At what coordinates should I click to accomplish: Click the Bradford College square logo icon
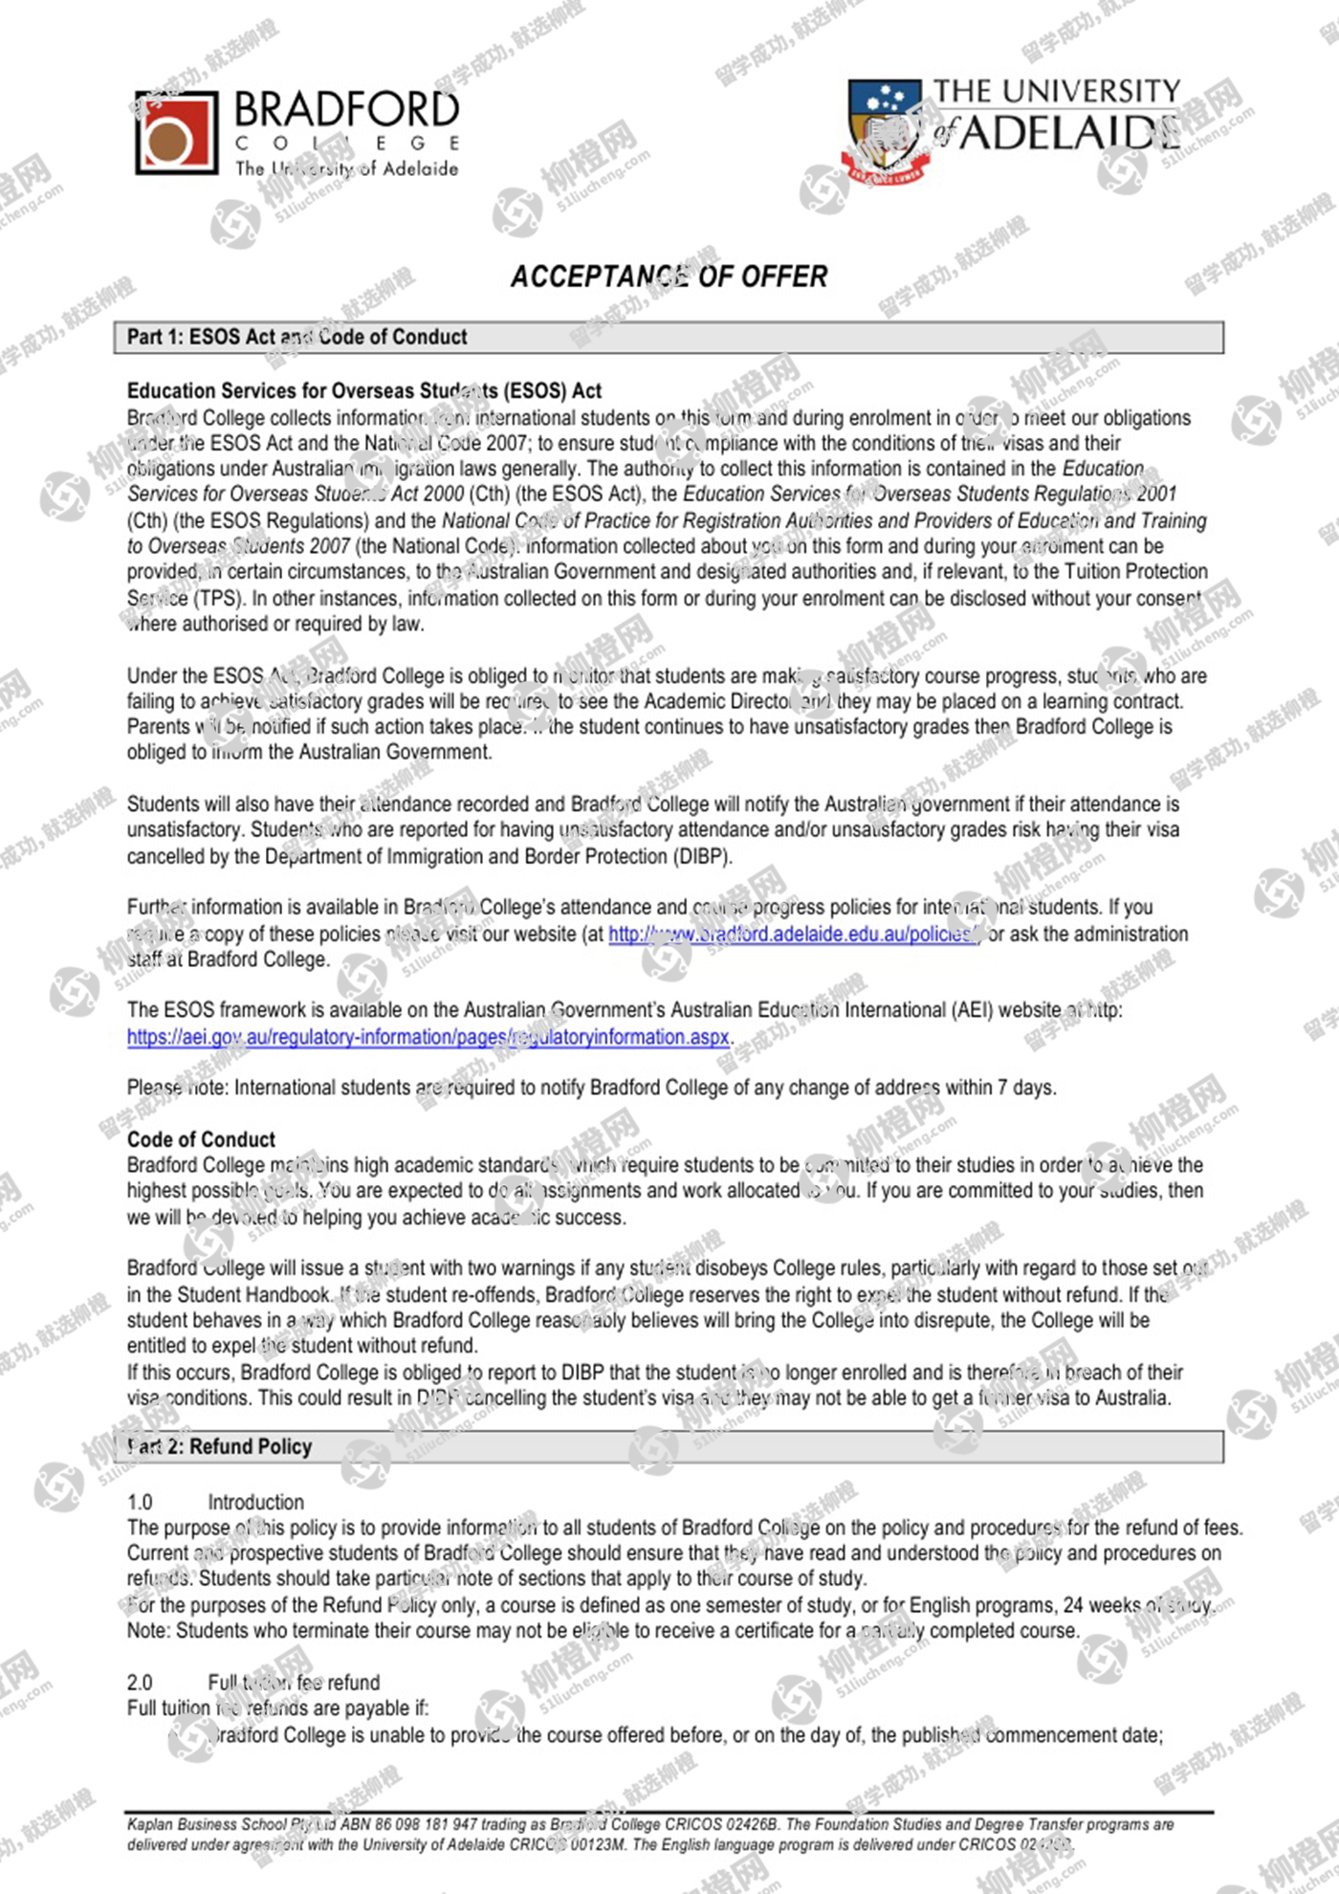tap(176, 132)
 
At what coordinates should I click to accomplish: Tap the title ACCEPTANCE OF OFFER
tap(669, 276)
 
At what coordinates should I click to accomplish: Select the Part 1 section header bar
tap(669, 337)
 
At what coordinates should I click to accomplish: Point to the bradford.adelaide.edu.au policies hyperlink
tap(794, 934)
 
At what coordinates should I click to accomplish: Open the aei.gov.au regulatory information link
tap(428, 1037)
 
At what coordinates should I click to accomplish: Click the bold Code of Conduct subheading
tap(201, 1139)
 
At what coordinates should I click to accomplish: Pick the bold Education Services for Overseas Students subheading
tap(364, 390)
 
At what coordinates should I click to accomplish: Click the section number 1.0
tap(140, 1502)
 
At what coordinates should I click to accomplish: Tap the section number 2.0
tap(140, 1682)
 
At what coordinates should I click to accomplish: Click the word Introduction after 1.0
tap(255, 1502)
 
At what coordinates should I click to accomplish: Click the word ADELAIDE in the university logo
tap(1069, 133)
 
